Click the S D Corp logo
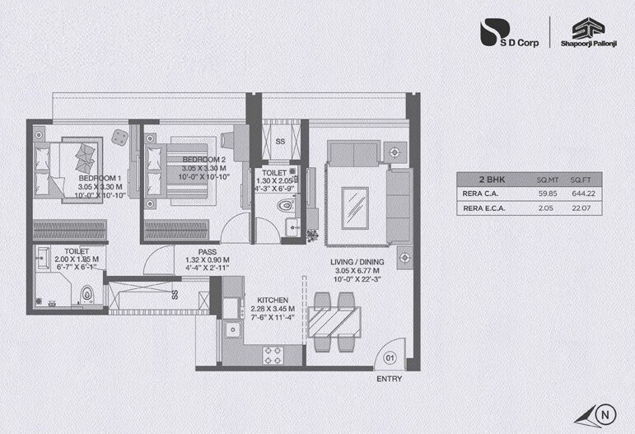pyautogui.click(x=509, y=37)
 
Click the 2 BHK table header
pyautogui.click(x=492, y=178)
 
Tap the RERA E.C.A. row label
pyautogui.click(x=483, y=209)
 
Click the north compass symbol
pyautogui.click(x=605, y=413)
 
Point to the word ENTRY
pyautogui.click(x=390, y=380)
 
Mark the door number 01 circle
pyautogui.click(x=391, y=357)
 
